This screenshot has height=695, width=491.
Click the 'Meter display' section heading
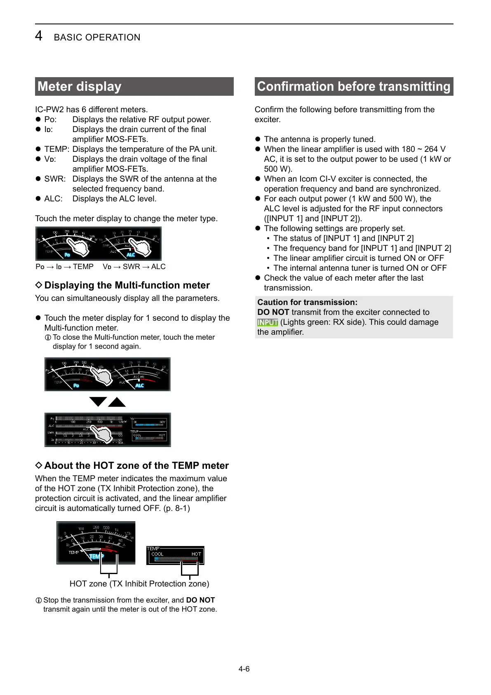click(x=80, y=87)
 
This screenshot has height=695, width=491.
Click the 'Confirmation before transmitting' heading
click(x=353, y=87)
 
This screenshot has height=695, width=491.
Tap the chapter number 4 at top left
click(x=38, y=36)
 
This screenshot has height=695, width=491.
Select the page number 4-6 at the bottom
click(x=244, y=669)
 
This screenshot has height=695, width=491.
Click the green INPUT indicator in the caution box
click(x=268, y=322)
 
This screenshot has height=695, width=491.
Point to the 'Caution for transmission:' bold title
click(x=307, y=302)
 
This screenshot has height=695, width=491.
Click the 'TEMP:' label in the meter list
click(x=56, y=149)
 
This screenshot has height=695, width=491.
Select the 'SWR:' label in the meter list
click(x=55, y=179)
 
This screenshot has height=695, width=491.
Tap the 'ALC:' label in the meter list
click(x=53, y=199)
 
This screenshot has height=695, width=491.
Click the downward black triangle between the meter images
click(x=98, y=401)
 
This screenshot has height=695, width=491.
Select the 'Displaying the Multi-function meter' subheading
click(x=127, y=285)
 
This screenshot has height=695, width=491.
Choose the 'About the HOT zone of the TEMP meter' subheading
click(x=136, y=466)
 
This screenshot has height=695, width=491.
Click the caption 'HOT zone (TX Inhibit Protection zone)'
click(x=139, y=584)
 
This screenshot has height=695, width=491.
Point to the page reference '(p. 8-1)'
click(x=176, y=508)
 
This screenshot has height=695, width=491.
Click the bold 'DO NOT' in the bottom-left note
click(x=200, y=600)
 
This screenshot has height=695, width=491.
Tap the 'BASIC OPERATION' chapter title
click(x=97, y=38)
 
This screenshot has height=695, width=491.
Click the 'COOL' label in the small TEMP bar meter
click(x=157, y=554)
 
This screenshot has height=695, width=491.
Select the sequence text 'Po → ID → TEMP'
click(x=65, y=267)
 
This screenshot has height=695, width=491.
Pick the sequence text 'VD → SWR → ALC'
click(x=134, y=267)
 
